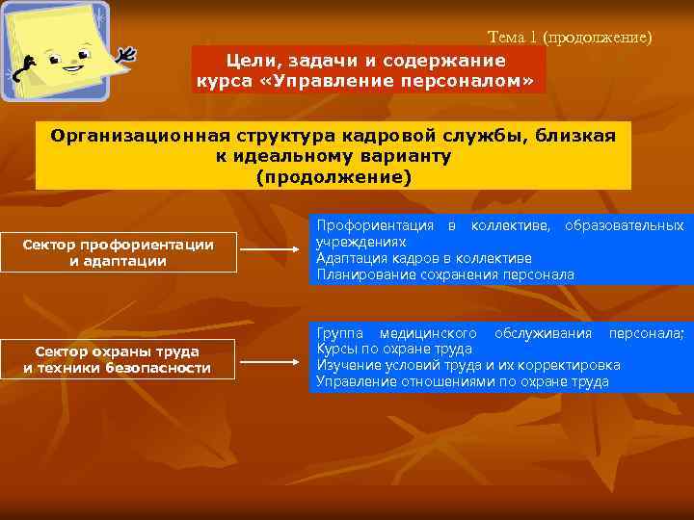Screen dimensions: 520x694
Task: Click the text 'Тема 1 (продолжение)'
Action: tap(570, 38)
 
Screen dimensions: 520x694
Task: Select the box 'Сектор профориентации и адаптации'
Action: tap(118, 252)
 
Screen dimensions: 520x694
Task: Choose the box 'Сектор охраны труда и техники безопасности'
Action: tap(118, 359)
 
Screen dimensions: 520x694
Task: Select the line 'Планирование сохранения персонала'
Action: tap(444, 274)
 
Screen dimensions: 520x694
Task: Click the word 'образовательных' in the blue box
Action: tap(624, 225)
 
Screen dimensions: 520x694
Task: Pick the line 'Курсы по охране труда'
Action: tap(394, 349)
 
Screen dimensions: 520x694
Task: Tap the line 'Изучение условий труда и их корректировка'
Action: tap(467, 365)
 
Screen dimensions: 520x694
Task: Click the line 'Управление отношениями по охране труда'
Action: tap(462, 381)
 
